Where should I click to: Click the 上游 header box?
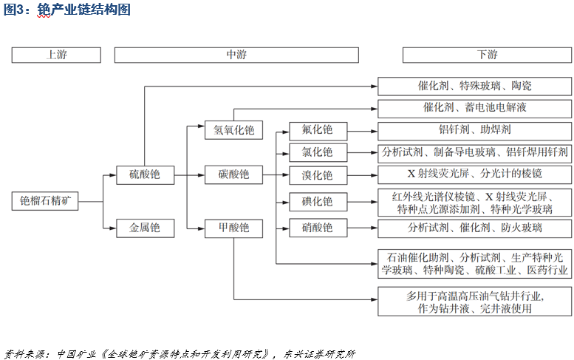(56, 55)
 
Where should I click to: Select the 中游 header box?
(236, 55)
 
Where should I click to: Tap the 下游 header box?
(488, 55)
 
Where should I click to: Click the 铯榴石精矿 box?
(45, 201)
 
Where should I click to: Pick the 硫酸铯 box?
(145, 175)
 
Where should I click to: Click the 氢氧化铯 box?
(233, 130)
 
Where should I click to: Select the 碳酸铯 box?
(233, 175)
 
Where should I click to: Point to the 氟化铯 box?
(317, 130)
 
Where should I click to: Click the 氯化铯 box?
(317, 152)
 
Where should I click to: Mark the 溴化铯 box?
(317, 175)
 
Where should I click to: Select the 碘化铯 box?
(317, 201)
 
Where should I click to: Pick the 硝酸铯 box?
(317, 227)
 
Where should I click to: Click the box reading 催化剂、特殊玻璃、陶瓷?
(474, 86)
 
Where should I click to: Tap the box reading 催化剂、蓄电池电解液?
(474, 108)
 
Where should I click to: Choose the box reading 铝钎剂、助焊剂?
(474, 131)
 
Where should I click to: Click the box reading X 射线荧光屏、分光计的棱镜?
(474, 174)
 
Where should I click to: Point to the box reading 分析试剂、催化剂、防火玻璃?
(474, 228)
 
